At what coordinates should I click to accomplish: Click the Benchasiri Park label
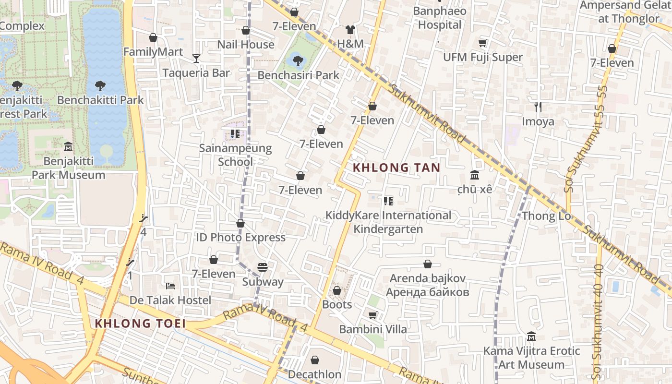tap(298, 75)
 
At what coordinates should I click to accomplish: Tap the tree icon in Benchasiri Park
tap(298, 60)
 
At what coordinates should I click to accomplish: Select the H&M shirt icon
tap(350, 30)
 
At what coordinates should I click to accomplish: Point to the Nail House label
tap(246, 45)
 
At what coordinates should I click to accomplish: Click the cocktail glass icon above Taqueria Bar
tap(196, 59)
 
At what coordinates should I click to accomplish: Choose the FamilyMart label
tap(153, 52)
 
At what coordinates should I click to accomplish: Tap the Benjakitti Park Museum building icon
tap(68, 146)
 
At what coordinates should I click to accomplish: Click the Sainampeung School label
tap(235, 155)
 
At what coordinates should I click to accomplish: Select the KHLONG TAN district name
tap(396, 168)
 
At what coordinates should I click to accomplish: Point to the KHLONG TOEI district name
tap(140, 324)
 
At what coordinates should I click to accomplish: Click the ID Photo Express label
tap(240, 238)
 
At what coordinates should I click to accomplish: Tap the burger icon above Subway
tap(262, 267)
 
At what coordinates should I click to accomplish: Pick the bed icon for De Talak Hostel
tap(170, 286)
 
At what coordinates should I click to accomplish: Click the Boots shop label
tap(337, 305)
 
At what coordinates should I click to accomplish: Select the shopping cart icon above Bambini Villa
tap(372, 315)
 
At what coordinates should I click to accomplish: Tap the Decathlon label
tap(315, 374)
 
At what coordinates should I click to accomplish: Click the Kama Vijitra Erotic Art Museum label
tap(531, 358)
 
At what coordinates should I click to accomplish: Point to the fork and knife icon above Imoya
tap(538, 107)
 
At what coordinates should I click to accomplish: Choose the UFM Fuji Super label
tap(483, 57)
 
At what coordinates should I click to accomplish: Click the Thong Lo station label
tap(546, 216)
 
